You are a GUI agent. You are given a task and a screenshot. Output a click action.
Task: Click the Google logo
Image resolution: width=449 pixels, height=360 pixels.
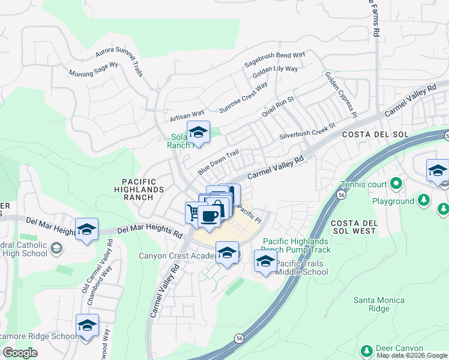(x=20, y=353)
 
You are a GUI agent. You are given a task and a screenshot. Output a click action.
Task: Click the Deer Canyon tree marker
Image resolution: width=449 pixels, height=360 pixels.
(x=367, y=349)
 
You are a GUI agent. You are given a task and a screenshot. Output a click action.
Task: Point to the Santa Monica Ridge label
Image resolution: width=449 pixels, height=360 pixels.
(x=379, y=304)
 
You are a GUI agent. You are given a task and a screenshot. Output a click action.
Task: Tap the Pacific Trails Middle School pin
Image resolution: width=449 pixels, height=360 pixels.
(x=265, y=261)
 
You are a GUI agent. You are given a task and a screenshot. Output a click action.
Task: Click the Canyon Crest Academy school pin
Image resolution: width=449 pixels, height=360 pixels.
(x=227, y=253)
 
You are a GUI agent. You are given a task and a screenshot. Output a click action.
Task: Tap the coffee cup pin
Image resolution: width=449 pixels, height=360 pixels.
(x=209, y=216)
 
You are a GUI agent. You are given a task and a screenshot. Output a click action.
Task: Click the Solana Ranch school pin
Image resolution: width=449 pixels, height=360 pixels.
(x=198, y=132)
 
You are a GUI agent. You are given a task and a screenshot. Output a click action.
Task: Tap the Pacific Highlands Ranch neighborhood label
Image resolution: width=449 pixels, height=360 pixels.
(x=143, y=189)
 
